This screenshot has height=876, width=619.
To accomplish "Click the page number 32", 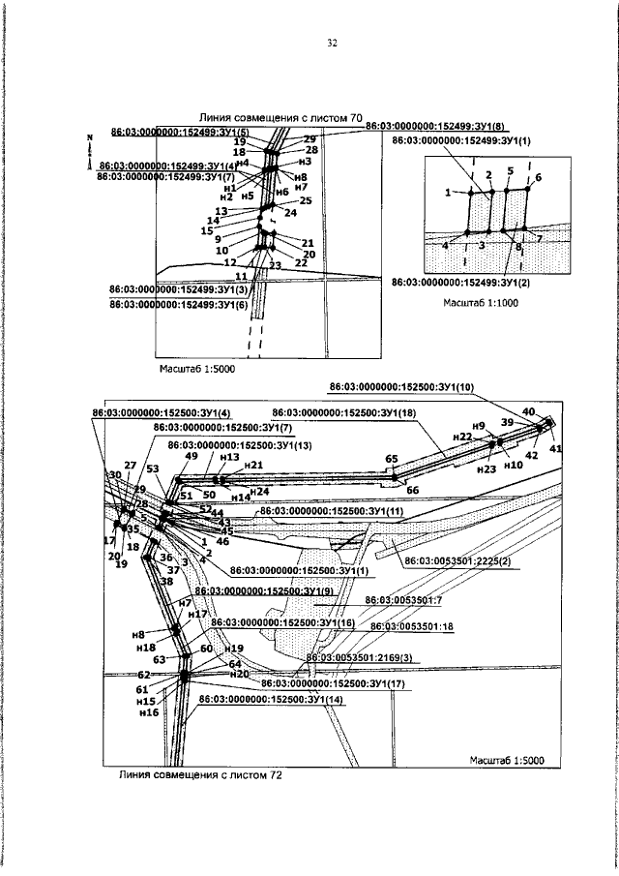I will (331, 44).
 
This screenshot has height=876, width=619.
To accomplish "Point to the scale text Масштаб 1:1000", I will (482, 303).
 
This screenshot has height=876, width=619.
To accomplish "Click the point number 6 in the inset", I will (538, 178).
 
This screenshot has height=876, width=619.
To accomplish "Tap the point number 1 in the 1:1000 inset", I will (449, 193).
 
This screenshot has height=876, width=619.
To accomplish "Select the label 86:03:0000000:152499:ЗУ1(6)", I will (180, 304).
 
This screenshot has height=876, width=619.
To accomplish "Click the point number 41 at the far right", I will (555, 449).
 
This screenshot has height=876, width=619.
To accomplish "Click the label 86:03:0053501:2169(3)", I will (359, 657).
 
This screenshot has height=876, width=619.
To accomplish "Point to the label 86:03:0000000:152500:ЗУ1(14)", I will (270, 698).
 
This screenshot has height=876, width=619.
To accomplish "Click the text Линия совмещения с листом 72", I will (201, 774).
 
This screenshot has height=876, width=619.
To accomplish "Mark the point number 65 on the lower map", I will (392, 458).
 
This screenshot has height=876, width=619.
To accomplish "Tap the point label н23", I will (486, 468).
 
